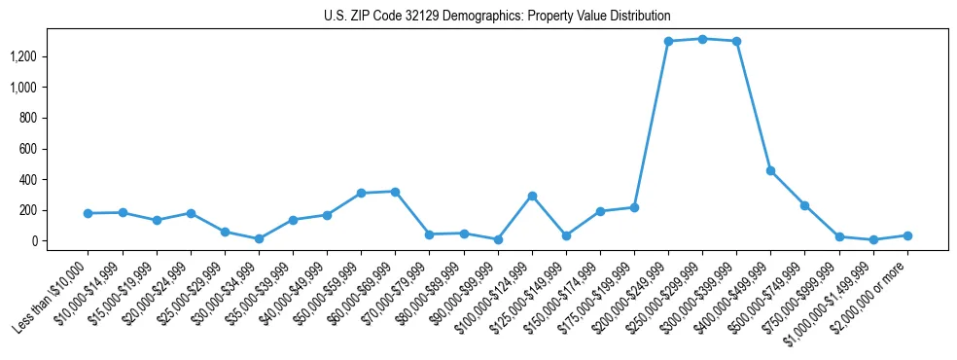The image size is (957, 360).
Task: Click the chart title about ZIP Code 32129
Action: pyautogui.click(x=497, y=16)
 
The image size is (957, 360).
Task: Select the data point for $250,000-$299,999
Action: pyautogui.click(x=702, y=39)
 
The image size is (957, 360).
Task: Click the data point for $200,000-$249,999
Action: pyautogui.click(x=668, y=41)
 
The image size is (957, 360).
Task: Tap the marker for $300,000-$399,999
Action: pyautogui.click(x=736, y=41)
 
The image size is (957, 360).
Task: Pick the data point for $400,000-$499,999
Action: pyautogui.click(x=770, y=170)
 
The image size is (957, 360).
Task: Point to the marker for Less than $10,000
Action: pyautogui.click(x=89, y=213)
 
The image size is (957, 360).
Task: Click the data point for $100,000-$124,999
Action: pyautogui.click(x=532, y=196)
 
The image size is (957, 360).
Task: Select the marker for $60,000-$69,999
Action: pyautogui.click(x=395, y=192)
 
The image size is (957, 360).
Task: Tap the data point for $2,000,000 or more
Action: pyautogui.click(x=907, y=235)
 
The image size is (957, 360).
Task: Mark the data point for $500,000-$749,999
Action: pyautogui.click(x=804, y=205)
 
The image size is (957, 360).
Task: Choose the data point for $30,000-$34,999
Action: pyautogui.click(x=259, y=238)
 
